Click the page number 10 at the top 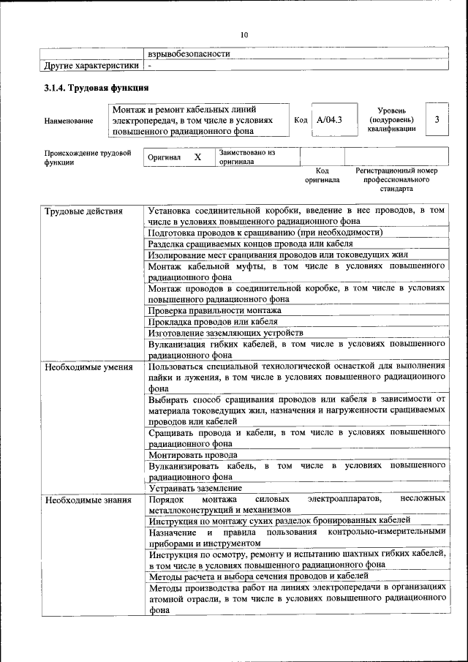[x=244, y=34]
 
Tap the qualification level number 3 [x=437, y=119]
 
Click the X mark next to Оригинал [x=197, y=157]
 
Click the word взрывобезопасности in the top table [x=189, y=53]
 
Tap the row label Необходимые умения [x=88, y=367]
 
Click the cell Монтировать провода [x=192, y=454]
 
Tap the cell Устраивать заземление [x=195, y=487]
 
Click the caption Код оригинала [x=322, y=175]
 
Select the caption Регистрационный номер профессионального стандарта [x=396, y=179]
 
